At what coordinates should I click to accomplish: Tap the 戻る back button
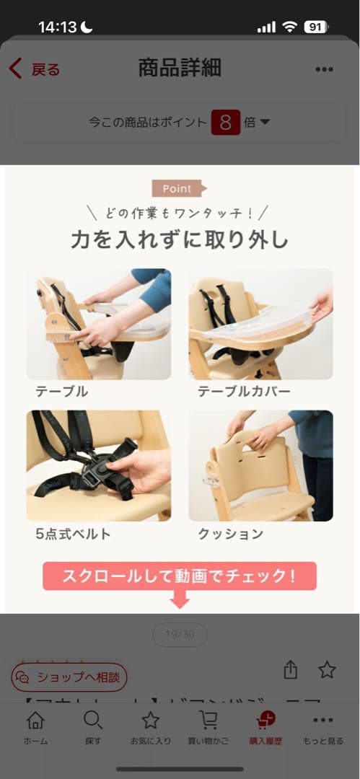(34, 69)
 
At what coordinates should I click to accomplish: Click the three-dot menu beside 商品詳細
(324, 69)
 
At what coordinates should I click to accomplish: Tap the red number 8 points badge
(225, 122)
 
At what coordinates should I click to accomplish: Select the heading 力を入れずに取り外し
(180, 239)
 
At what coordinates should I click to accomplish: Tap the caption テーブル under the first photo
(62, 392)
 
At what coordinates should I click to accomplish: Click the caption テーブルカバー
(244, 392)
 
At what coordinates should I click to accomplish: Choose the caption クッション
(230, 534)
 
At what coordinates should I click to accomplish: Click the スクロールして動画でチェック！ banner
(180, 576)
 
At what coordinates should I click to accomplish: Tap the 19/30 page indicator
(180, 635)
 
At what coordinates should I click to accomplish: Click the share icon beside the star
(291, 670)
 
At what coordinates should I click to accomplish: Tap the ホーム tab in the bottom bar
(35, 727)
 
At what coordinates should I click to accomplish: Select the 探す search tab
(93, 727)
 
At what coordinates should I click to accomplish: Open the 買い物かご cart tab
(208, 727)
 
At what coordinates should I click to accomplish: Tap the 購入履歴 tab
(266, 727)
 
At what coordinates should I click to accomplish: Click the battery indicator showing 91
(316, 27)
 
